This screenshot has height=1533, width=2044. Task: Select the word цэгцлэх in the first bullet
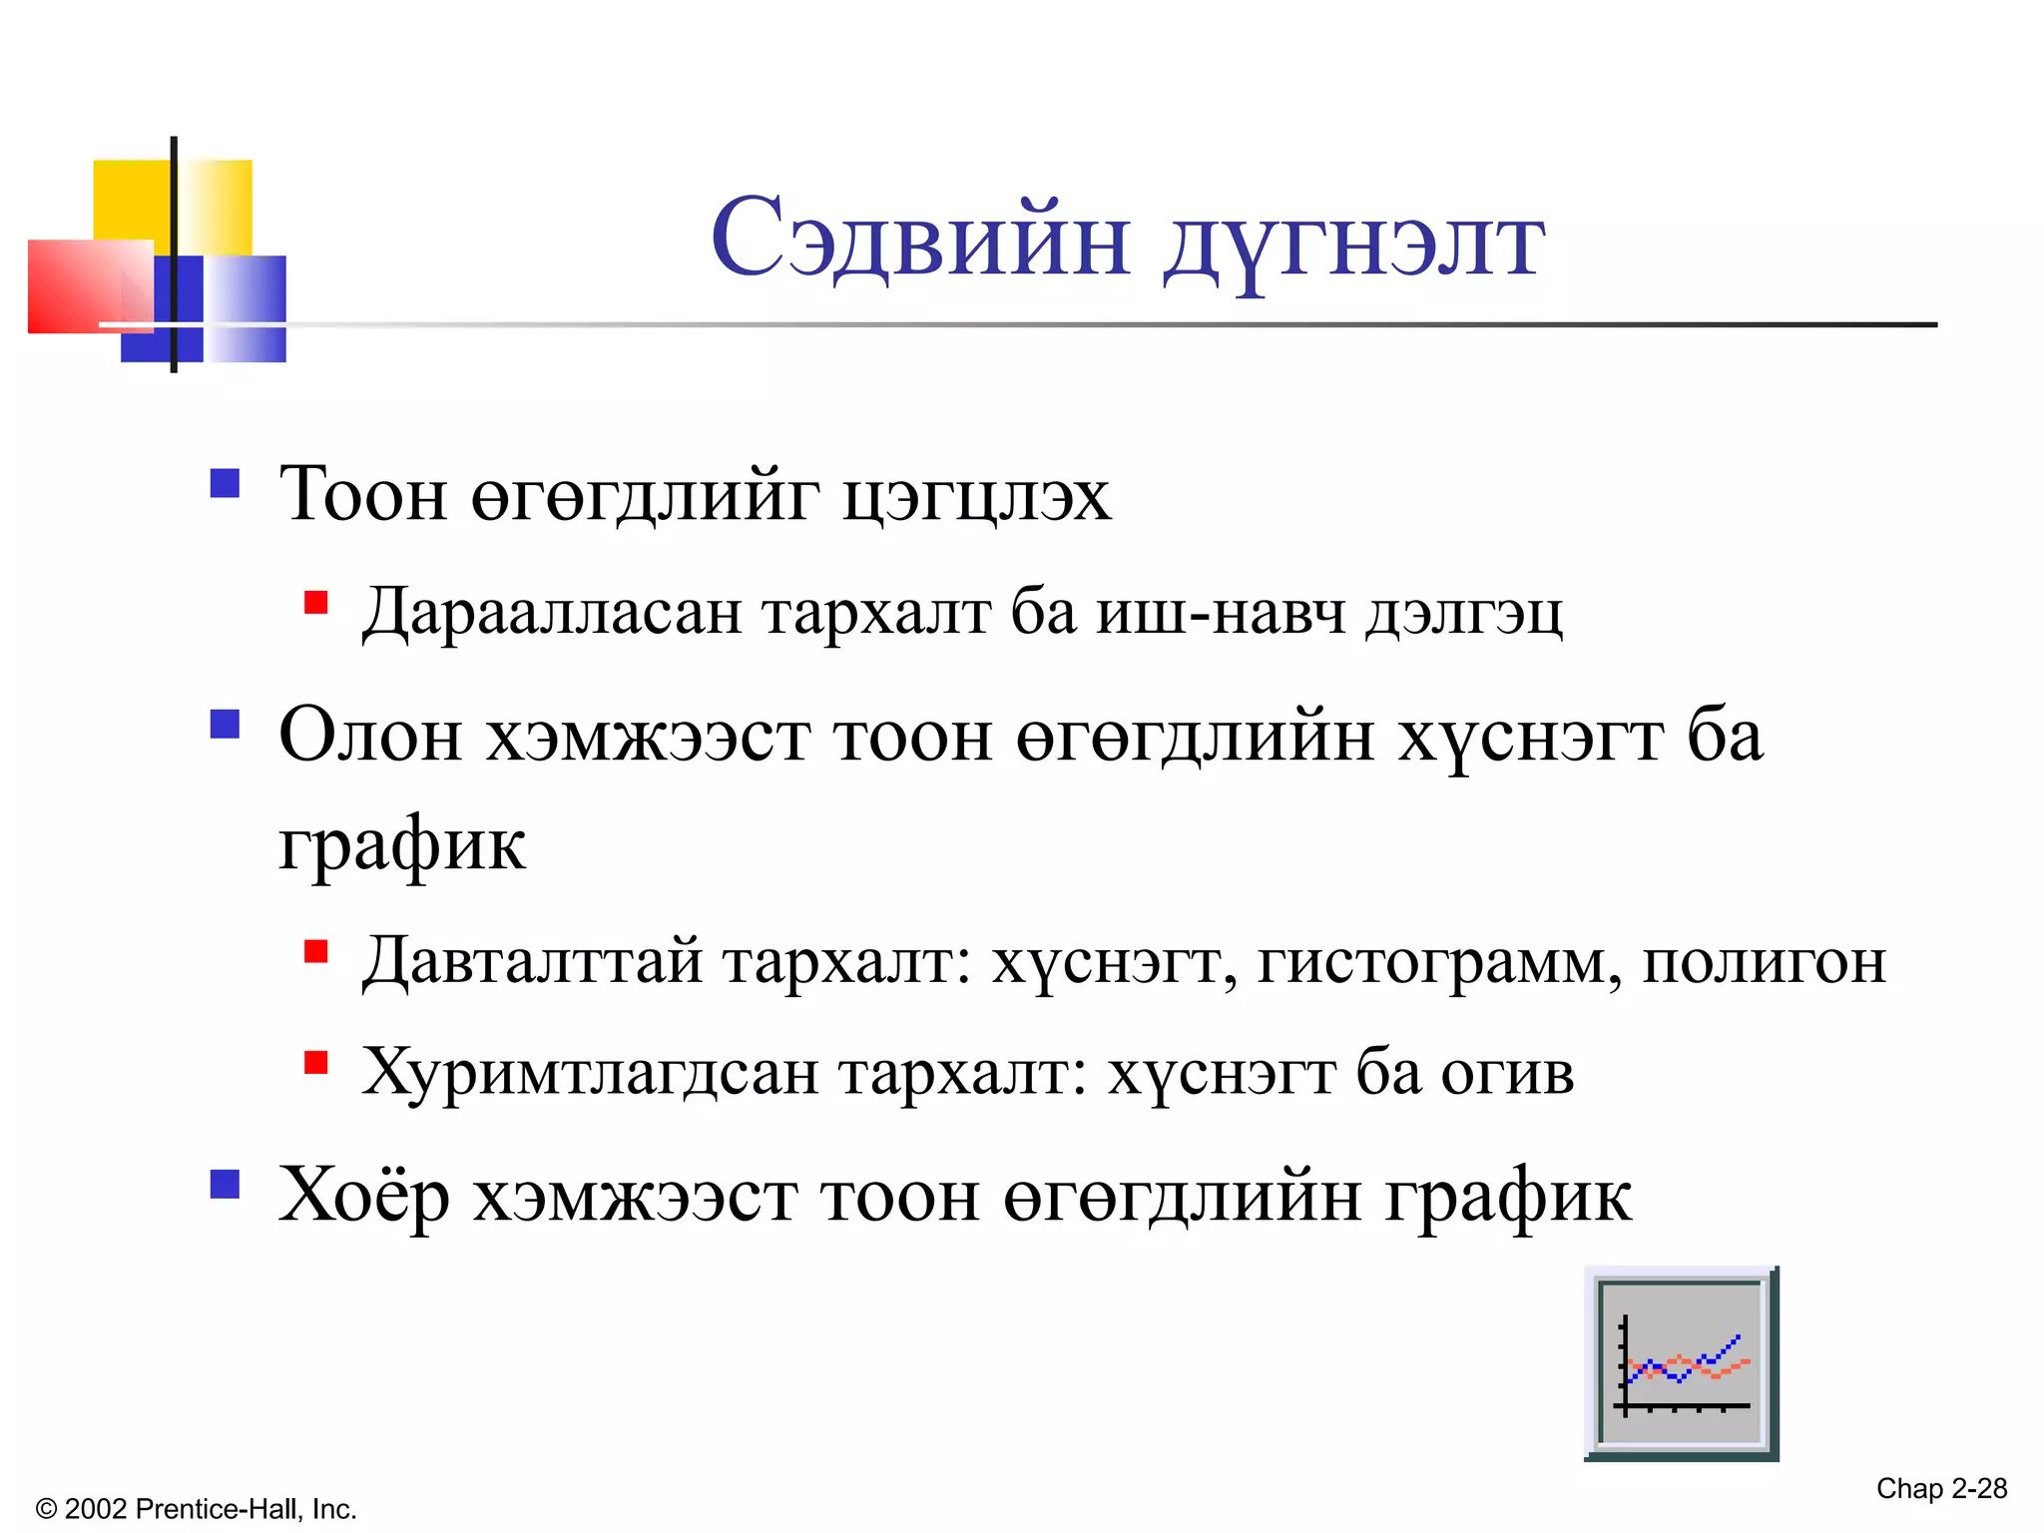(975, 496)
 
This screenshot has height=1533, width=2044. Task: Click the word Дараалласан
(552, 612)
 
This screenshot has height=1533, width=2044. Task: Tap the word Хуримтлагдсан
(590, 1073)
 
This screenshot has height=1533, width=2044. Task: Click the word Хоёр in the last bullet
(363, 1196)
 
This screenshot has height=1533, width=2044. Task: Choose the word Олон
(370, 736)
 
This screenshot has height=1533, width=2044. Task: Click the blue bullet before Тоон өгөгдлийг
(226, 483)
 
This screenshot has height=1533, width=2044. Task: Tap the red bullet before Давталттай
(316, 951)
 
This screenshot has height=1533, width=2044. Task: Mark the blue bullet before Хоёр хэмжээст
(226, 1184)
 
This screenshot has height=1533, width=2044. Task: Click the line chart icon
(1681, 1363)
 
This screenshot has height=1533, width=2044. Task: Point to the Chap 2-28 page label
(1941, 1488)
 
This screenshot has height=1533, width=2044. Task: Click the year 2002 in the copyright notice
(96, 1509)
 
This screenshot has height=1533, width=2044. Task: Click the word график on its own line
(401, 845)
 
